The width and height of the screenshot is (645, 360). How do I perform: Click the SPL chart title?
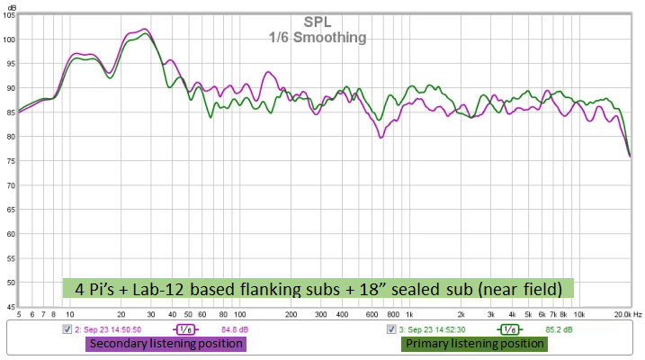(318, 22)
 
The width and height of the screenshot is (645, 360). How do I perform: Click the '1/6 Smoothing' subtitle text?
(318, 38)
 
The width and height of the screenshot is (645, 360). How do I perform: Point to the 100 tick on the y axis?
(11, 40)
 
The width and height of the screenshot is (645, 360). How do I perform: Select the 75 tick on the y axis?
(11, 161)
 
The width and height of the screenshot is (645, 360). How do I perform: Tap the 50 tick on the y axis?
(11, 283)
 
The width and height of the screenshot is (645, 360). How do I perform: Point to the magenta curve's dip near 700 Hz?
(381, 137)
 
